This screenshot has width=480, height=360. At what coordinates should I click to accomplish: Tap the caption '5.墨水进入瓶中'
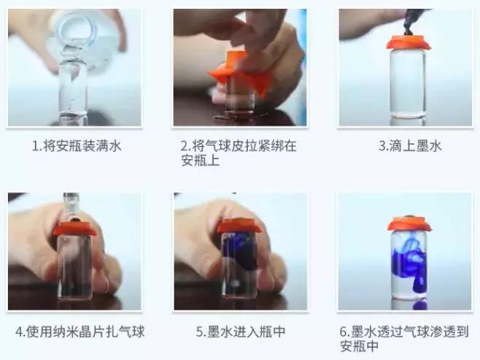click(x=240, y=331)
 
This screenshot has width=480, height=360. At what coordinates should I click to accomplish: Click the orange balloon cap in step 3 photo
click(x=408, y=42)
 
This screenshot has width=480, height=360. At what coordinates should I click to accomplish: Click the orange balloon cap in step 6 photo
click(x=409, y=223)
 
